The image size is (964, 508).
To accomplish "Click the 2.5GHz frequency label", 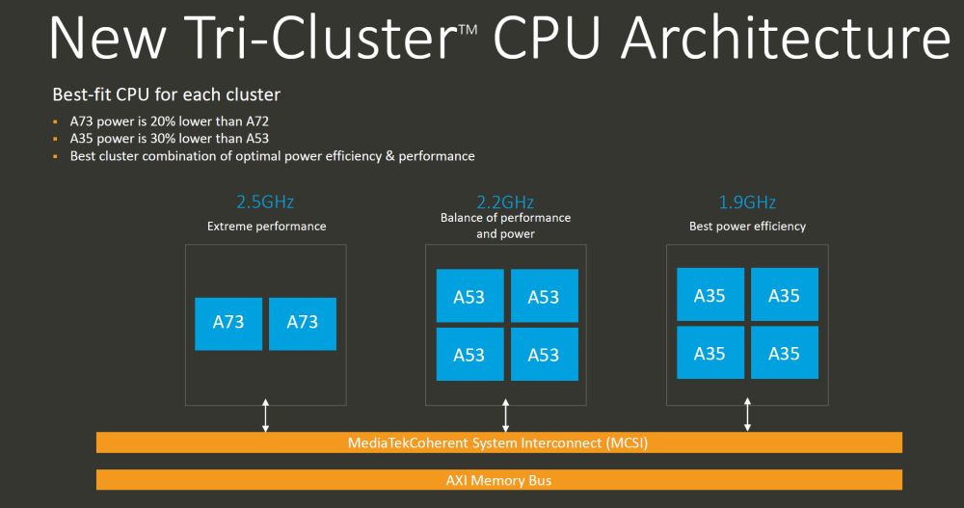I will coord(265,202).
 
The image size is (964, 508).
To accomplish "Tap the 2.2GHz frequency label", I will coord(505,202).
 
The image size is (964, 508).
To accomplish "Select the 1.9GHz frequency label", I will coord(747,202).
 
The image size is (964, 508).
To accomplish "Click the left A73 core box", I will coord(228,323).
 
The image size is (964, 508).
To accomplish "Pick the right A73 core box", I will coord(303,323).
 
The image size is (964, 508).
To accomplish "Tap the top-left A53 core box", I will coord(469,296).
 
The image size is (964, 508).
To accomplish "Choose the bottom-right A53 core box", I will coord(544,355).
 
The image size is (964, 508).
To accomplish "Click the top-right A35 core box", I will coord(784,295).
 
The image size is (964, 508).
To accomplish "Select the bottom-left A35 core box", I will coord(710,353).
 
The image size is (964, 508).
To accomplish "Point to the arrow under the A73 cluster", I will coord(266,414).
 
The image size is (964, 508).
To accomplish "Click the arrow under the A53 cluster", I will coord(505,414).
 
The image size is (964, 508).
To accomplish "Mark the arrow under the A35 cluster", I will coord(747,414).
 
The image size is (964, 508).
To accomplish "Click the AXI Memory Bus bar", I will coord(499,480).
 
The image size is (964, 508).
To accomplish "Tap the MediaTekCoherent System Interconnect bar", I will coord(499,442).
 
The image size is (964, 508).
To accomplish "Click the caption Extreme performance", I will coord(267,227).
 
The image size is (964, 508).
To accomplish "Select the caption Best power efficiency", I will coord(747,227).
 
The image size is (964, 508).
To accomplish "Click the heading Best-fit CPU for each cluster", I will coord(166,95).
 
